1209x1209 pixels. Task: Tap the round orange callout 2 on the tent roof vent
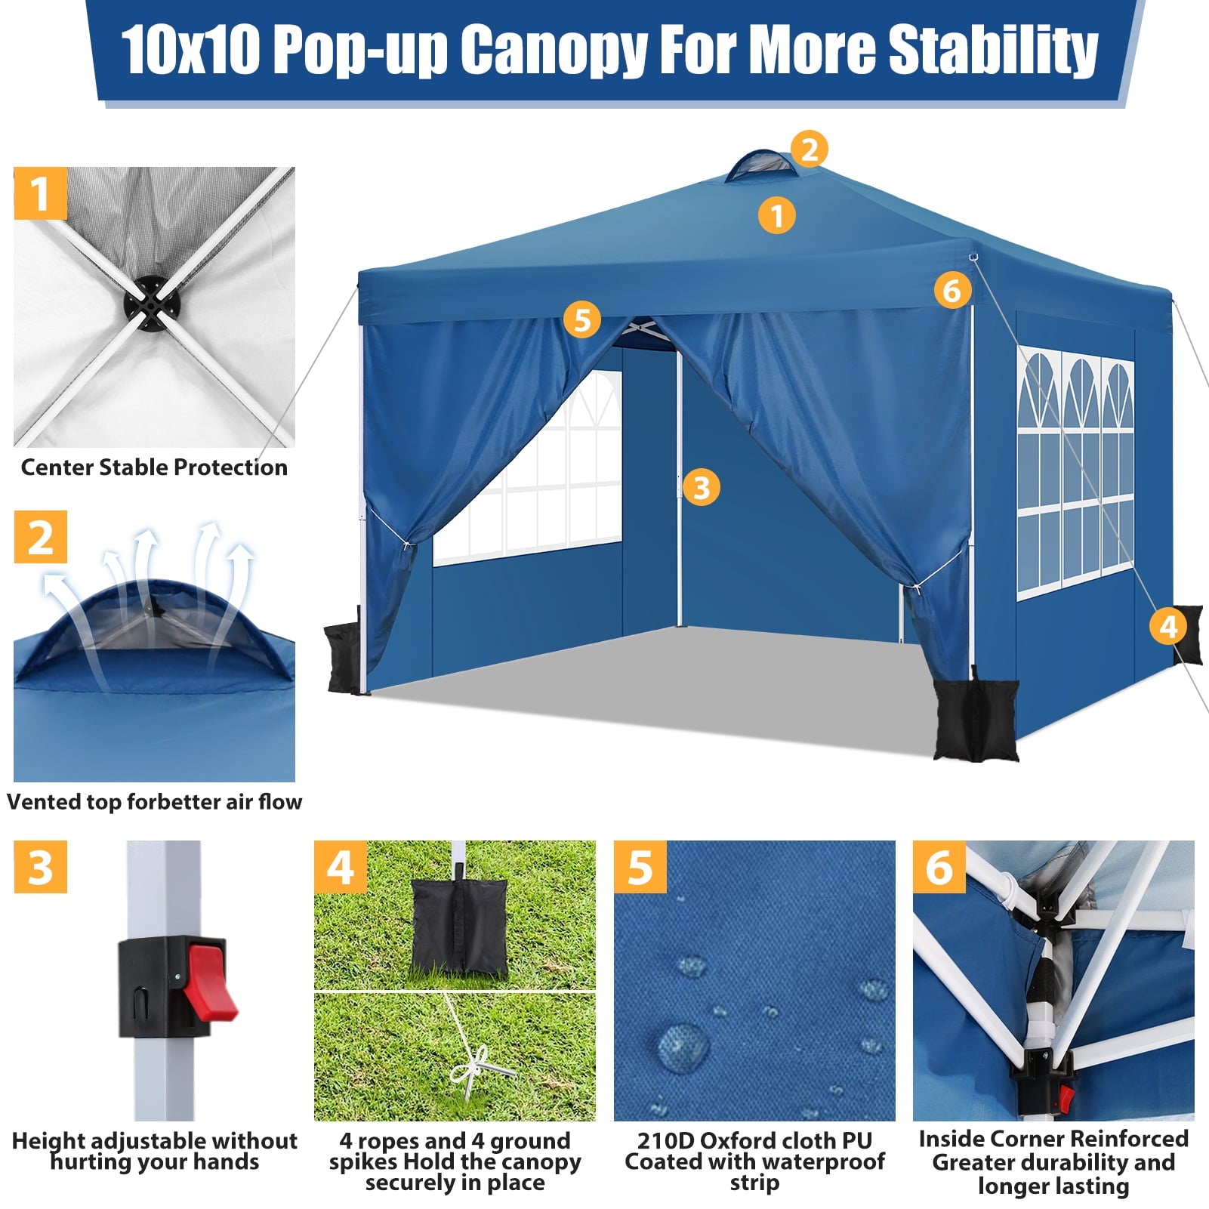point(810,149)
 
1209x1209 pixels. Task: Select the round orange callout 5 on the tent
point(581,319)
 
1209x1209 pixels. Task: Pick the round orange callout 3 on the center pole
point(701,487)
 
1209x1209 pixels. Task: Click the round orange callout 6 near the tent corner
point(951,290)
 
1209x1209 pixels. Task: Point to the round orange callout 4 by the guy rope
point(1168,626)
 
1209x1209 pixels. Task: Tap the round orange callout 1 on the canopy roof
point(777,216)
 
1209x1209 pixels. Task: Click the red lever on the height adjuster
point(209,979)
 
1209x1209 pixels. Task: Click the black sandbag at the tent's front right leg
point(976,719)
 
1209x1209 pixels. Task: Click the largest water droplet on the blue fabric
point(683,1046)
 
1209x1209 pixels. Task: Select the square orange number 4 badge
point(341,867)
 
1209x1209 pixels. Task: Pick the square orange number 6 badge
point(939,867)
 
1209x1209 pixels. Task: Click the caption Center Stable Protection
point(154,467)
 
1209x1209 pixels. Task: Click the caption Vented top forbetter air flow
point(154,802)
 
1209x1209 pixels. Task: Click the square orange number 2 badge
point(41,537)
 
